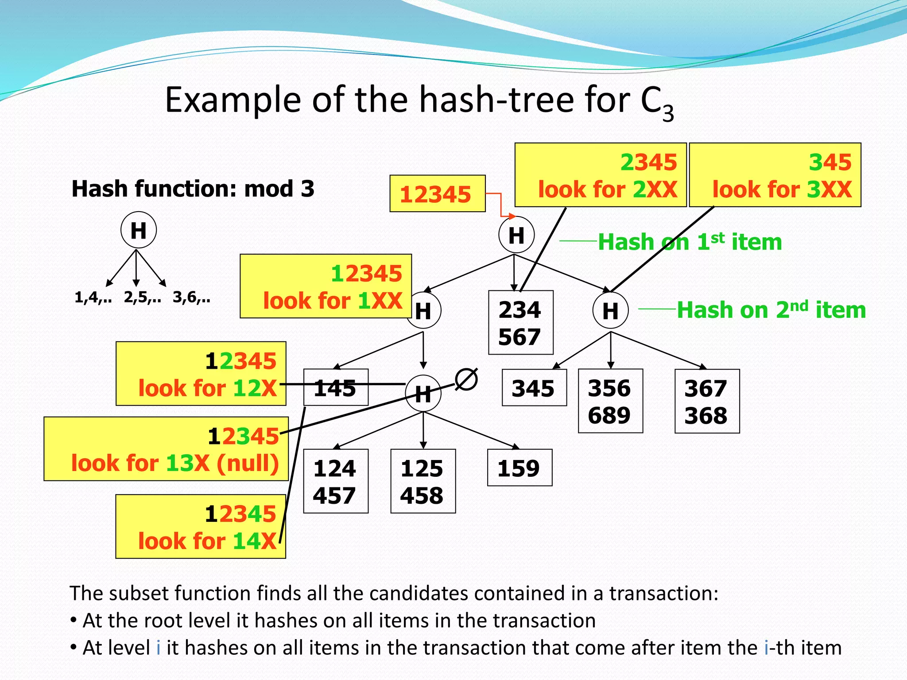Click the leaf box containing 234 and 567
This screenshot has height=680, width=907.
tap(520, 323)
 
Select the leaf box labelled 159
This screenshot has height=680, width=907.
tap(519, 468)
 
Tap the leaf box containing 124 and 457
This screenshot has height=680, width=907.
tap(335, 481)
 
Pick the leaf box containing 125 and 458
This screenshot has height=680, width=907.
tap(422, 481)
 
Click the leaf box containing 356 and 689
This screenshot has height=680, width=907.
tap(610, 401)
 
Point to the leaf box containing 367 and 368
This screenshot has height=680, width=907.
tap(707, 401)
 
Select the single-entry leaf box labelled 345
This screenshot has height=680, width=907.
tap(534, 388)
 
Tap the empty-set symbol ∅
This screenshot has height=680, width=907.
tap(466, 380)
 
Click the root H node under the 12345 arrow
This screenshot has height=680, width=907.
tap(516, 235)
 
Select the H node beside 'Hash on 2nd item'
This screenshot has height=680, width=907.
tap(610, 310)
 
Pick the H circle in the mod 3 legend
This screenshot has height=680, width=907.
tap(138, 230)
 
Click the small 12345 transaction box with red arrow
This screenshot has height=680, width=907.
tap(437, 194)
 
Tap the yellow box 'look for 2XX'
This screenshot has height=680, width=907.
tap(600, 175)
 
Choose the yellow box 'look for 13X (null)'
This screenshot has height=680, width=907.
tap(166, 449)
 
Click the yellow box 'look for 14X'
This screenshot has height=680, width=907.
tap(200, 527)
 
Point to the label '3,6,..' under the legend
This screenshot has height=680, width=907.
tap(191, 297)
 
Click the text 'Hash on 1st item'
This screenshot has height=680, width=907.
tap(690, 242)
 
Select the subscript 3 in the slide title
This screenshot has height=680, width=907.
tap(668, 112)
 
